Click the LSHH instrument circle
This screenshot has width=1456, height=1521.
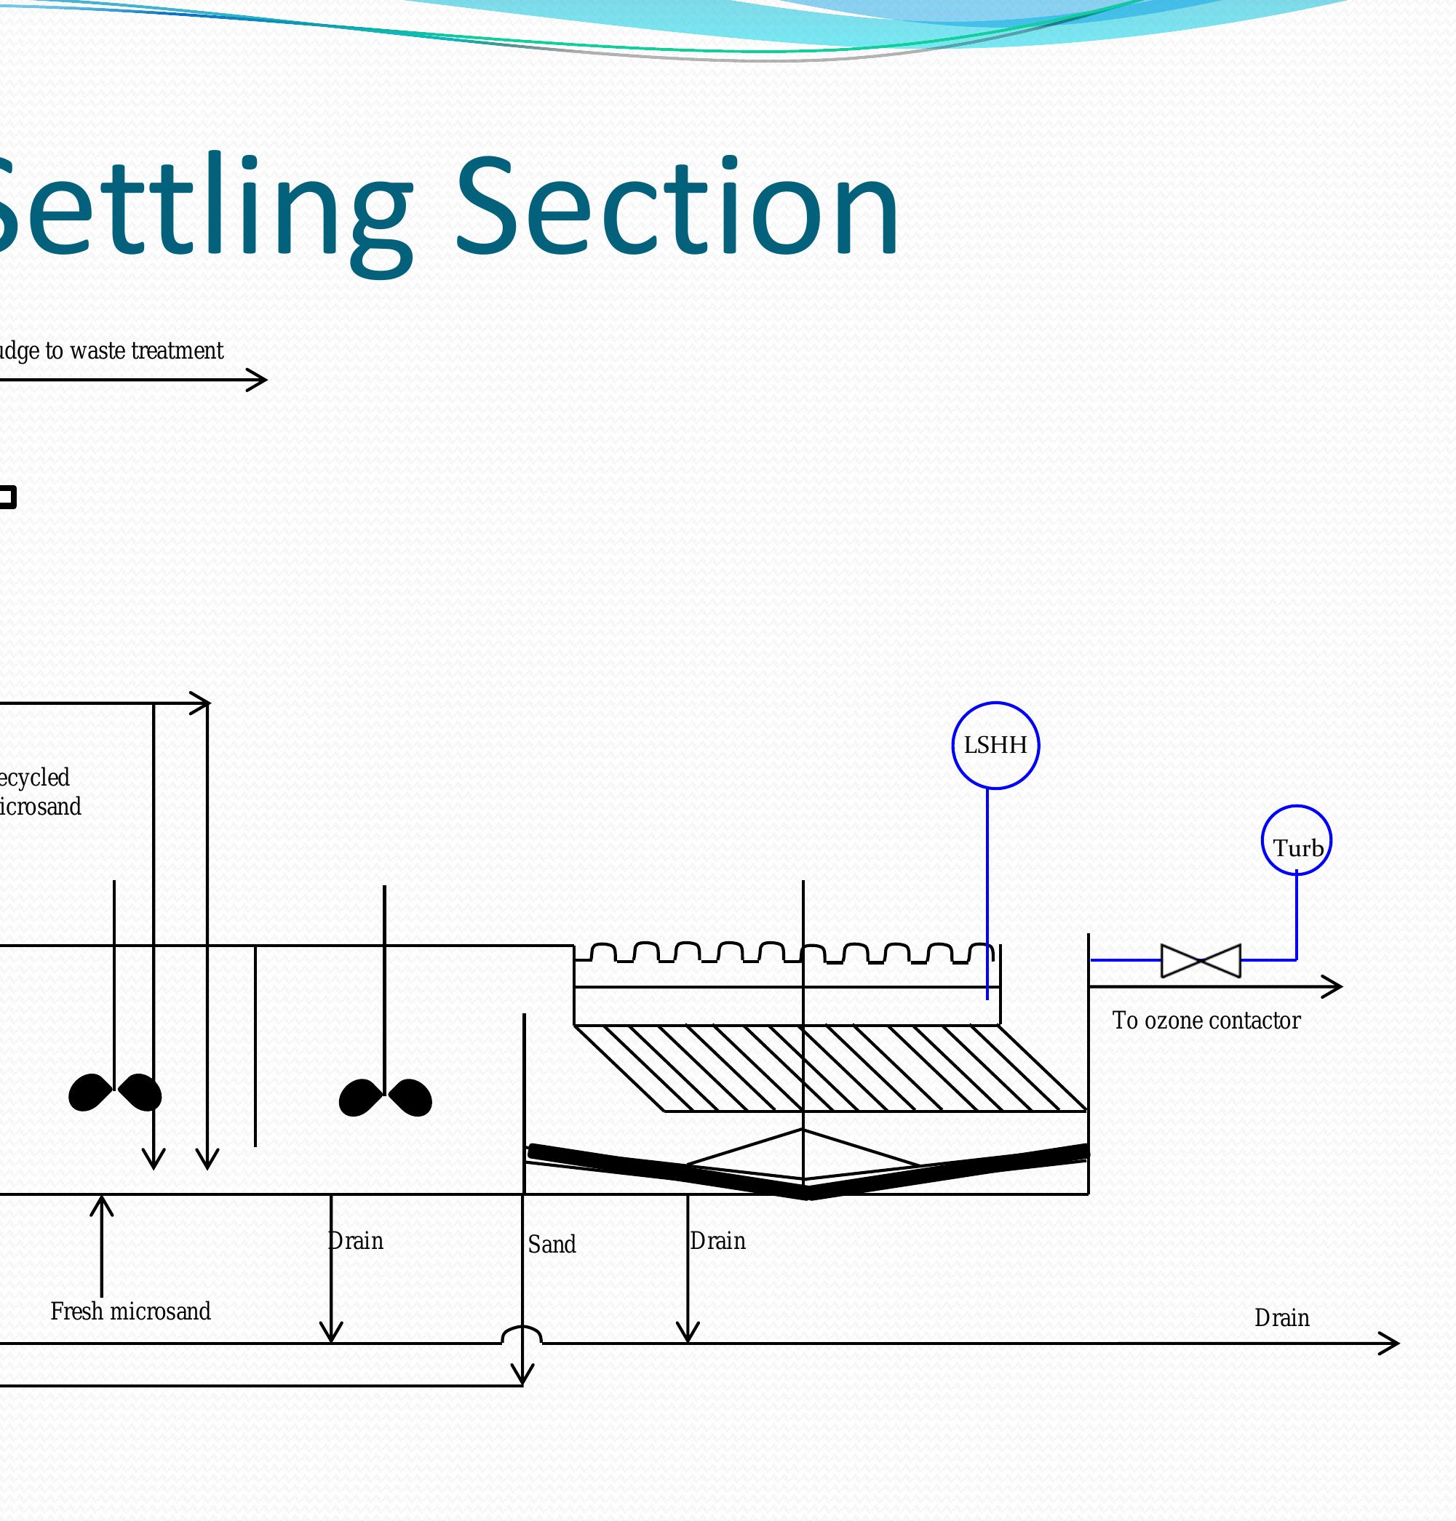(995, 745)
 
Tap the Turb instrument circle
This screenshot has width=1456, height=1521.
(1296, 840)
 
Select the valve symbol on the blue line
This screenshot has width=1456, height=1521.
(1201, 961)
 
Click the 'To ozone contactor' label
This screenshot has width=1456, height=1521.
(1206, 1021)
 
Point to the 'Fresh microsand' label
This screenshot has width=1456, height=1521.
(130, 1312)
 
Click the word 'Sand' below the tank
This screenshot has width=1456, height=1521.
(552, 1245)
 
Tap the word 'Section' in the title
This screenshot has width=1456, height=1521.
(677, 208)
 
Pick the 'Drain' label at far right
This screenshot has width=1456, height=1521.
(1281, 1317)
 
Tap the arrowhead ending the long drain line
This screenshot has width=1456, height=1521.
(1390, 1344)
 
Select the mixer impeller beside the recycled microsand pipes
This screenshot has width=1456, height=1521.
(115, 1093)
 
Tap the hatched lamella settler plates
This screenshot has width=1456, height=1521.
(830, 1069)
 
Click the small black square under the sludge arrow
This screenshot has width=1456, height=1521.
(7, 497)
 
